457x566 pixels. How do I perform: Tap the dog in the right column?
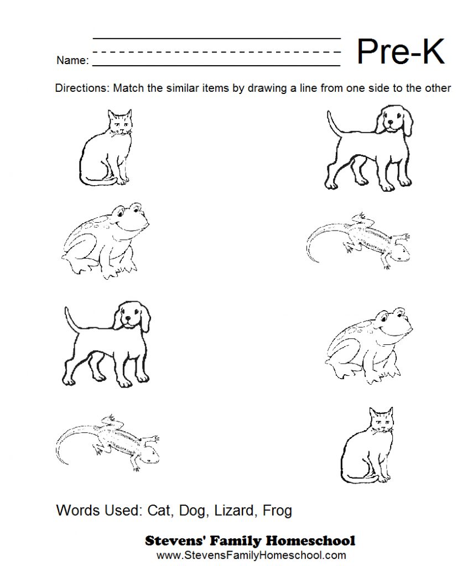pos(368,148)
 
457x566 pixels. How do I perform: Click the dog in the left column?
pos(107,344)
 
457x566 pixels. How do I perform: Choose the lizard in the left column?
pos(107,443)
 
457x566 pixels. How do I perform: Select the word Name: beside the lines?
pos(72,60)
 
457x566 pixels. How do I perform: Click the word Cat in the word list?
pos(159,510)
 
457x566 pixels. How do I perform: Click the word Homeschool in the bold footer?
pos(311,541)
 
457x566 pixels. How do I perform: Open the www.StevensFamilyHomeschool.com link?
pos(251,555)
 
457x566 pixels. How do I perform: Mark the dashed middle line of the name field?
pos(217,52)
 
